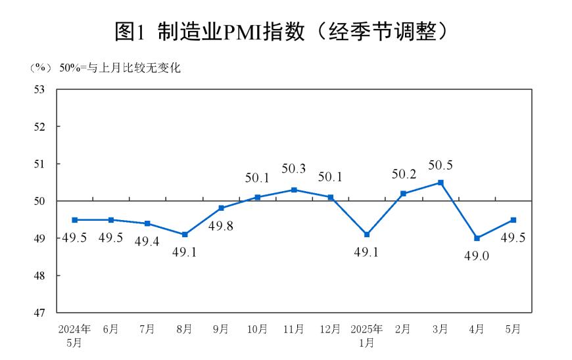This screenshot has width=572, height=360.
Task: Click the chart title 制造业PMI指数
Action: point(286,31)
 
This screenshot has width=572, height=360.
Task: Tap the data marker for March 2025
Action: point(441,183)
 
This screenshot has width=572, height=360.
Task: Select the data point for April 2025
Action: point(477,238)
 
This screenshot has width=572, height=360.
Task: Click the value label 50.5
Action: point(441,166)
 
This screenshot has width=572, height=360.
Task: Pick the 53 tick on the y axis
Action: point(41,89)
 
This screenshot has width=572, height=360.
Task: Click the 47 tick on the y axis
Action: point(41,313)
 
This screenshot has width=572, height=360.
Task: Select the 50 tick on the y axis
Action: point(41,201)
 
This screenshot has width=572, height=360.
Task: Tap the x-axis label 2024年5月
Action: point(74,335)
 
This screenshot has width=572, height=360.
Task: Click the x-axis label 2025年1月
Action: point(366,335)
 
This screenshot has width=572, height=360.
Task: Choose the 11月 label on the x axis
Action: point(294,329)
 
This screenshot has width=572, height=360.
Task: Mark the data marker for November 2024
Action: point(294,190)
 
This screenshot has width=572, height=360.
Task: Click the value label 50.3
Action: point(294,169)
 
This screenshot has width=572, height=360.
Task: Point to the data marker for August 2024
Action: point(185,235)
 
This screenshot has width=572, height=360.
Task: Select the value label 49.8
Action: point(221,227)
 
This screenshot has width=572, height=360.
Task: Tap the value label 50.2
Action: point(404,174)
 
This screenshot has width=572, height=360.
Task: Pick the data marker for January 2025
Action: point(367,235)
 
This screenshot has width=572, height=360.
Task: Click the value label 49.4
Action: point(147,242)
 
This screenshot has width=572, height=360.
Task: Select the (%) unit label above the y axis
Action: point(41,68)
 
